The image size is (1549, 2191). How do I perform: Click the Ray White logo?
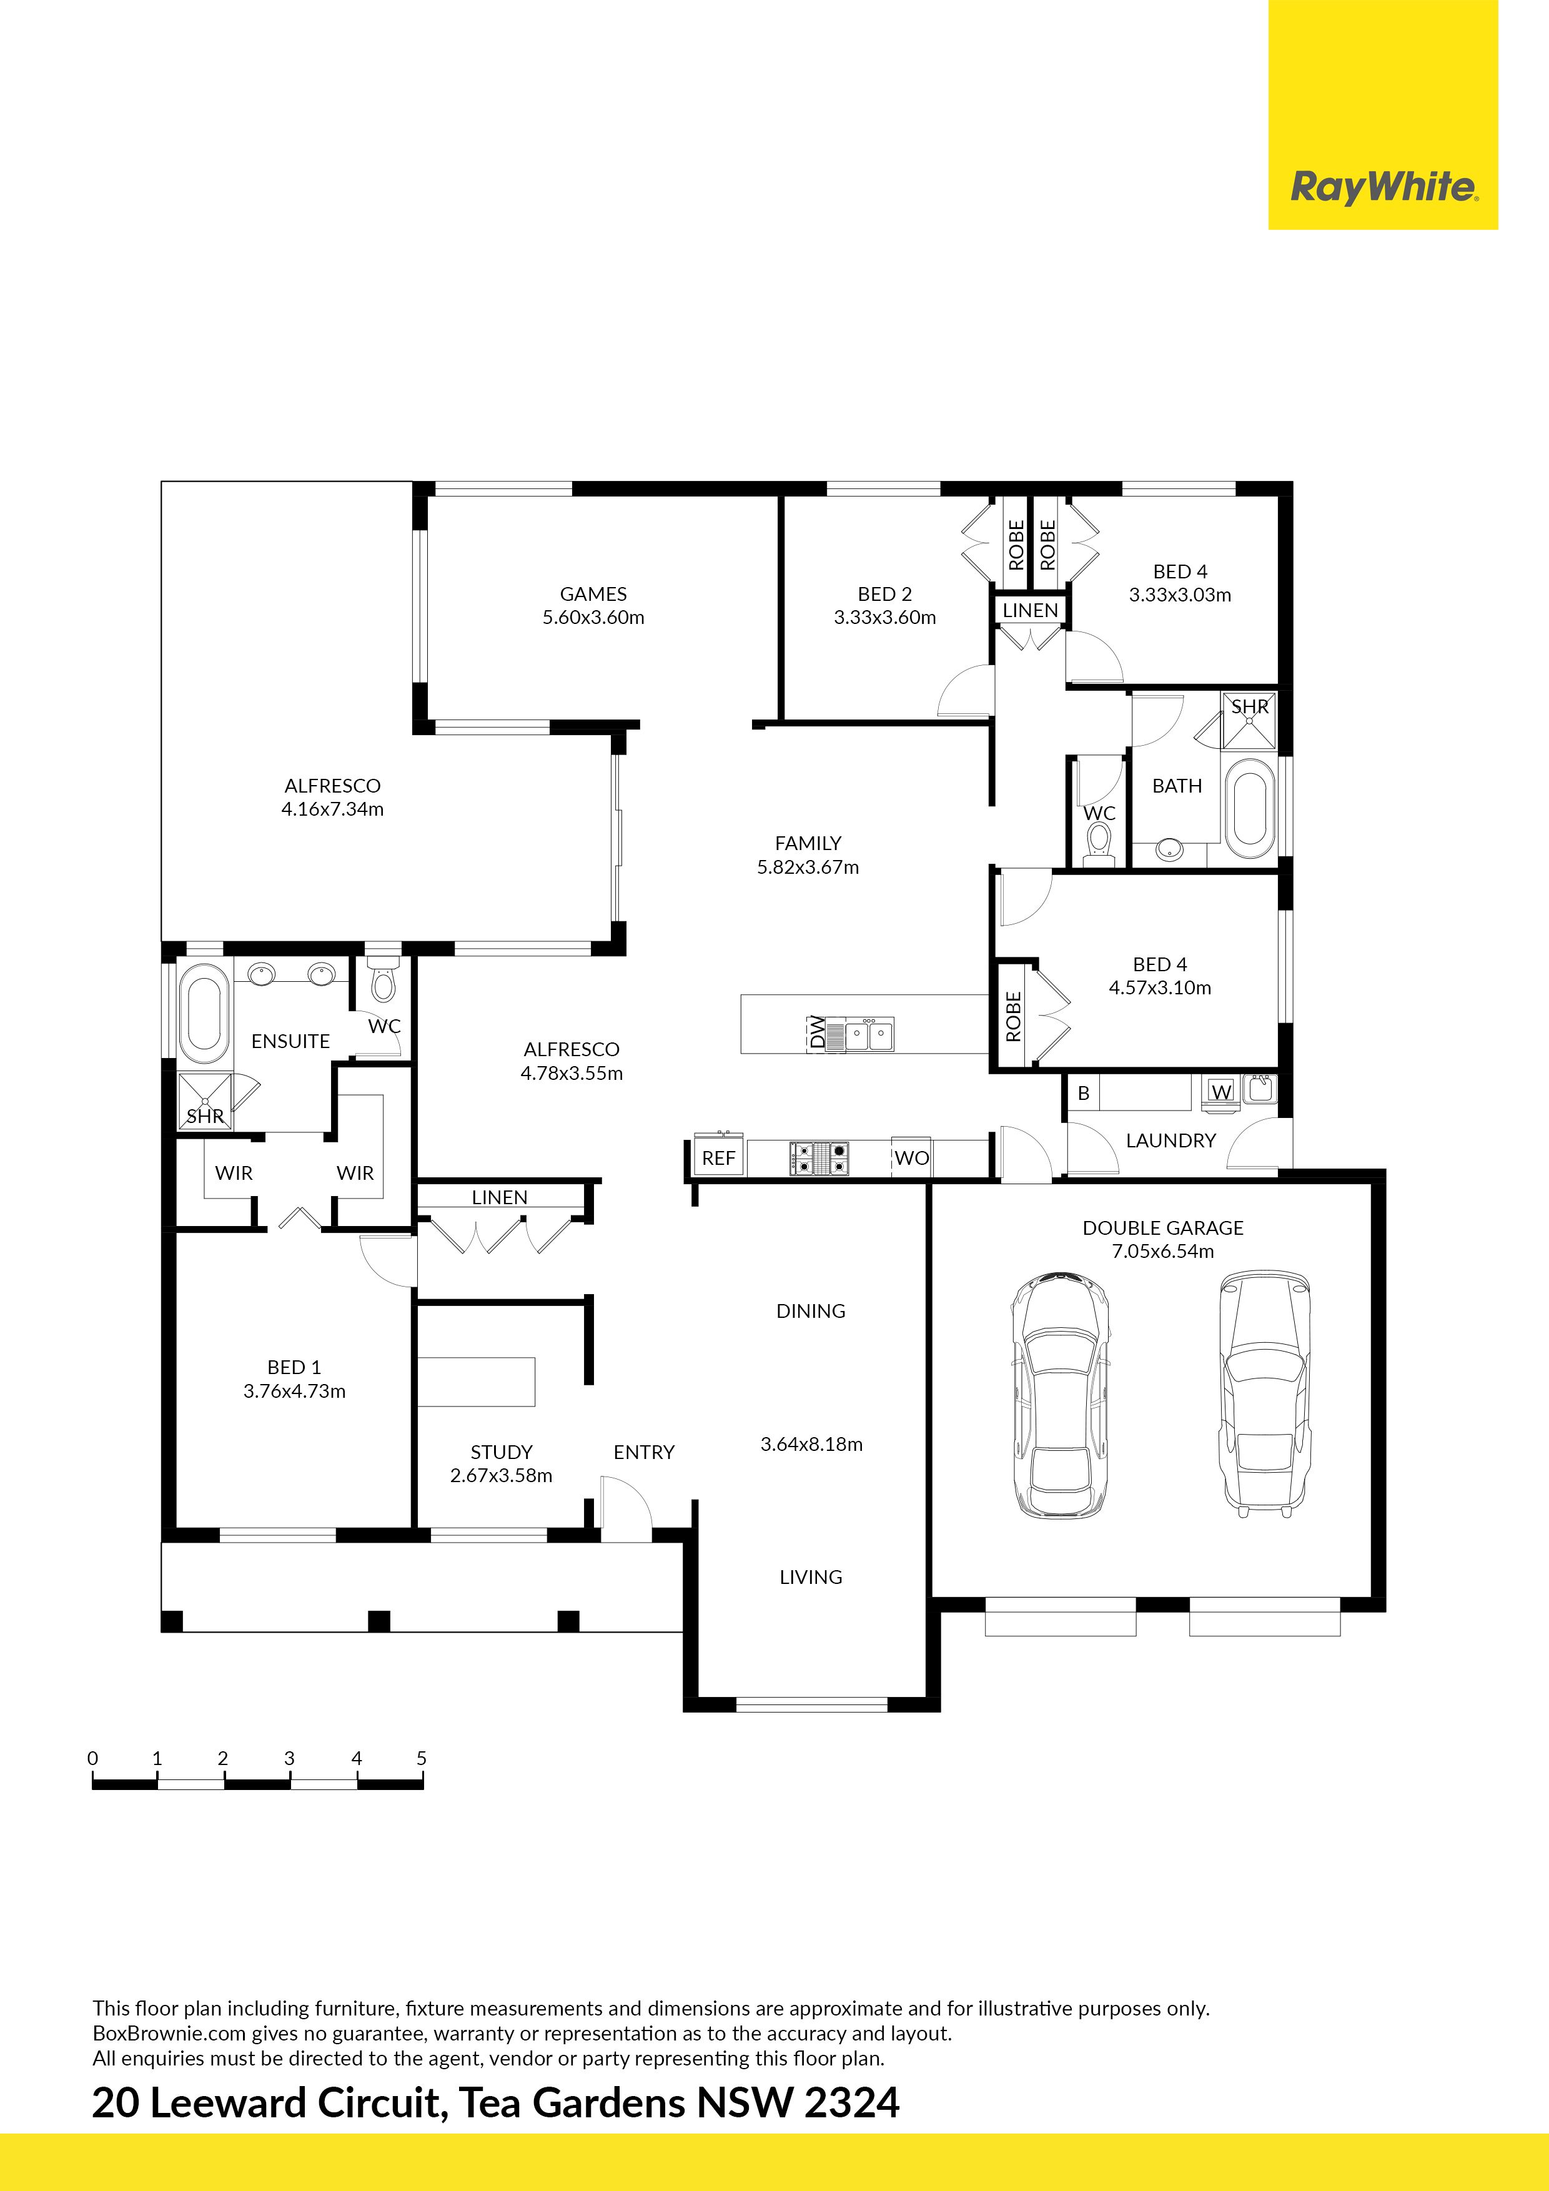pos(1383,187)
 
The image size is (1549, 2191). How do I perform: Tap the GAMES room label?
pos(593,593)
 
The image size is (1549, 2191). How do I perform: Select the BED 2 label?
pos(884,593)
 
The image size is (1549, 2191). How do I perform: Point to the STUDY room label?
pos(501,1452)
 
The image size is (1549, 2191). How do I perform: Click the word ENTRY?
pos(644,1452)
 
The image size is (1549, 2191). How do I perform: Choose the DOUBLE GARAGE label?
pos(1162,1227)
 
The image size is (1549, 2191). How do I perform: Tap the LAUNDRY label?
pos(1171,1140)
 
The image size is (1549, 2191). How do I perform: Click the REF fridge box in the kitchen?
pos(719,1157)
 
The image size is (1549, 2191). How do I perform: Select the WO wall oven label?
pos(911,1157)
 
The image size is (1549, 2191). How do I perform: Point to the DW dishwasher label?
pos(817,1032)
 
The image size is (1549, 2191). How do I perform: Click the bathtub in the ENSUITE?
pos(203,1014)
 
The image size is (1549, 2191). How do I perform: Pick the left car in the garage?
pos(1061,1395)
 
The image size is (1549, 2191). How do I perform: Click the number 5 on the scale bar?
pos(421,1758)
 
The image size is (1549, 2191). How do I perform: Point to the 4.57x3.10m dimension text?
pos(1160,987)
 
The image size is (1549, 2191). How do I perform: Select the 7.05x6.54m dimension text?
pos(1162,1251)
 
